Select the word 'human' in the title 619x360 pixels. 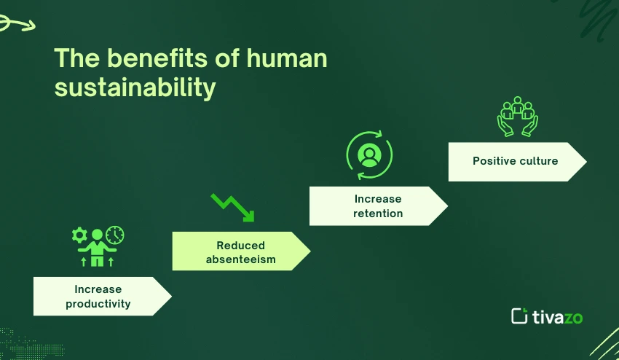(286, 58)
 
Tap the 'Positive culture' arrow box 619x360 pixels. (516, 161)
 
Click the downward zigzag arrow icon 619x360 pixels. (232, 206)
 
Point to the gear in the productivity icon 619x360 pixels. (79, 235)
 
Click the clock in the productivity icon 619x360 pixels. (114, 235)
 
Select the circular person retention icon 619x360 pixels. (369, 154)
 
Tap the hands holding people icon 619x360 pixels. (517, 116)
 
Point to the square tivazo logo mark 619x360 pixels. (519, 316)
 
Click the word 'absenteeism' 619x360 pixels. (240, 259)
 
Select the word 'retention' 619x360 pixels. (378, 214)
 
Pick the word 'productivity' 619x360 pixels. (98, 304)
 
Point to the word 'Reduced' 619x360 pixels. (240, 245)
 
